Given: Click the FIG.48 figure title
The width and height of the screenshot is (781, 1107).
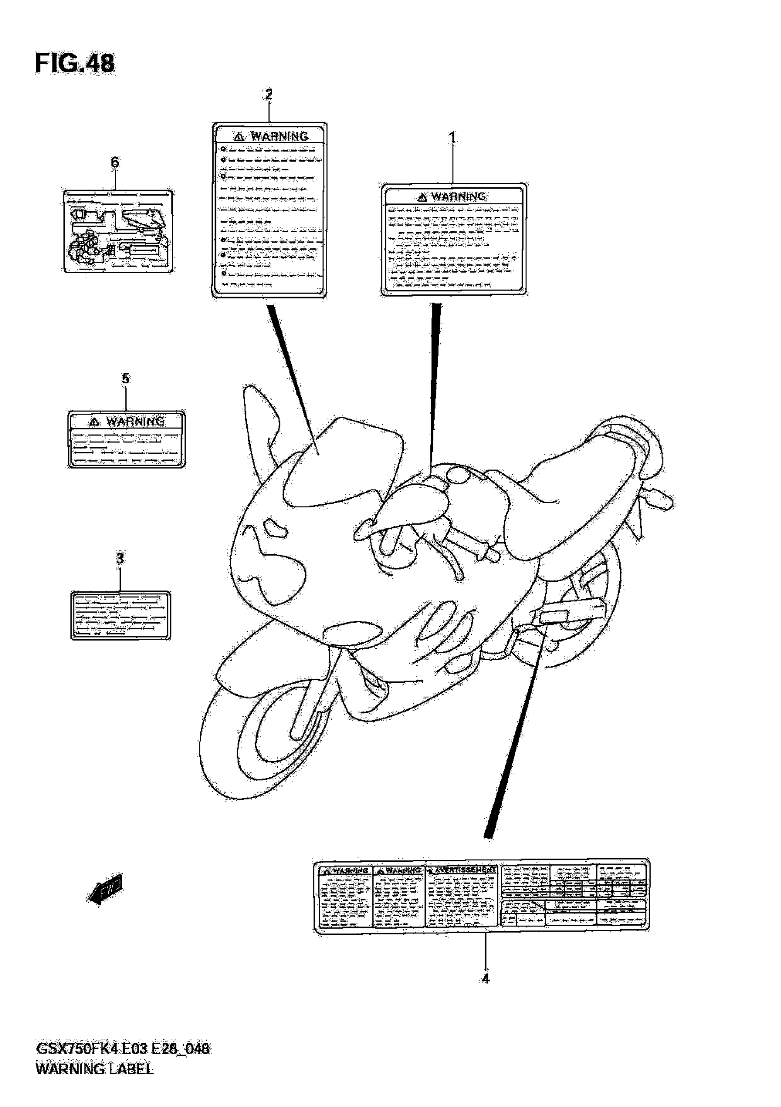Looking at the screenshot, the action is click(75, 63).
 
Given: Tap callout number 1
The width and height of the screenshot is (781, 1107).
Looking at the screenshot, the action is click(452, 138).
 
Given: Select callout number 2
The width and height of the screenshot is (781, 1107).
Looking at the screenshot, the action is click(268, 94).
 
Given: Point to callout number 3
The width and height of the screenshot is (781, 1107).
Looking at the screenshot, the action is click(120, 558).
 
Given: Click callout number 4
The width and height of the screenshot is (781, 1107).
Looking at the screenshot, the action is click(485, 978).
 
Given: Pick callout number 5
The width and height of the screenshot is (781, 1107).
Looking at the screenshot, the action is click(125, 378).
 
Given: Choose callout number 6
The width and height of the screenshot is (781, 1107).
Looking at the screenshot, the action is click(115, 162).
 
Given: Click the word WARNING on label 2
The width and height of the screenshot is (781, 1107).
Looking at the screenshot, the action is click(279, 136).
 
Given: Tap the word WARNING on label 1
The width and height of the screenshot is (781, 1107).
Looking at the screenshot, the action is click(458, 197).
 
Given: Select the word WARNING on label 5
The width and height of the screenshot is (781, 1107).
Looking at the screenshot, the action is click(135, 422).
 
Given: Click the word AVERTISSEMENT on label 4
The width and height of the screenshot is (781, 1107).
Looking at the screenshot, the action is click(465, 870).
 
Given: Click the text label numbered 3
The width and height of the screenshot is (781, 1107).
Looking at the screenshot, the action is click(121, 616).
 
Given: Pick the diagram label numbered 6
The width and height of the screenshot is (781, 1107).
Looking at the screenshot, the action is click(118, 231).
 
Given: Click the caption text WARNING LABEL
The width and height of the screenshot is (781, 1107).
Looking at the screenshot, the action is click(95, 1069).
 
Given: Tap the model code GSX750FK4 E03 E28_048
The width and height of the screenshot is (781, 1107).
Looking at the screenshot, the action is click(123, 1049).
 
